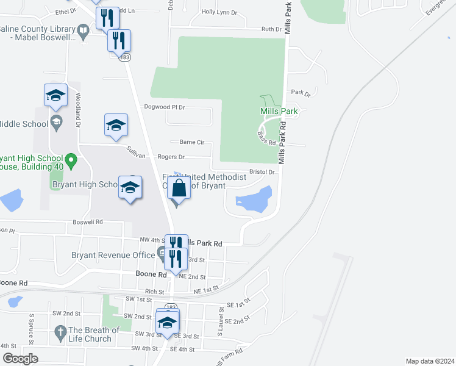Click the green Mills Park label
tap(279, 112)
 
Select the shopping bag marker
tap(179, 187)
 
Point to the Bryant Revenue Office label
tap(113, 255)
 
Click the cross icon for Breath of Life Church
tap(60, 332)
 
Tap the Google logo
tap(20, 359)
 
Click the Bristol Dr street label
tap(262, 172)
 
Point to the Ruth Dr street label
tap(271, 29)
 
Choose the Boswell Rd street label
tap(88, 222)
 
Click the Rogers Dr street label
tap(171, 157)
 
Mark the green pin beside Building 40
tap(71, 161)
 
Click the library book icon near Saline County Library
tap(83, 30)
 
